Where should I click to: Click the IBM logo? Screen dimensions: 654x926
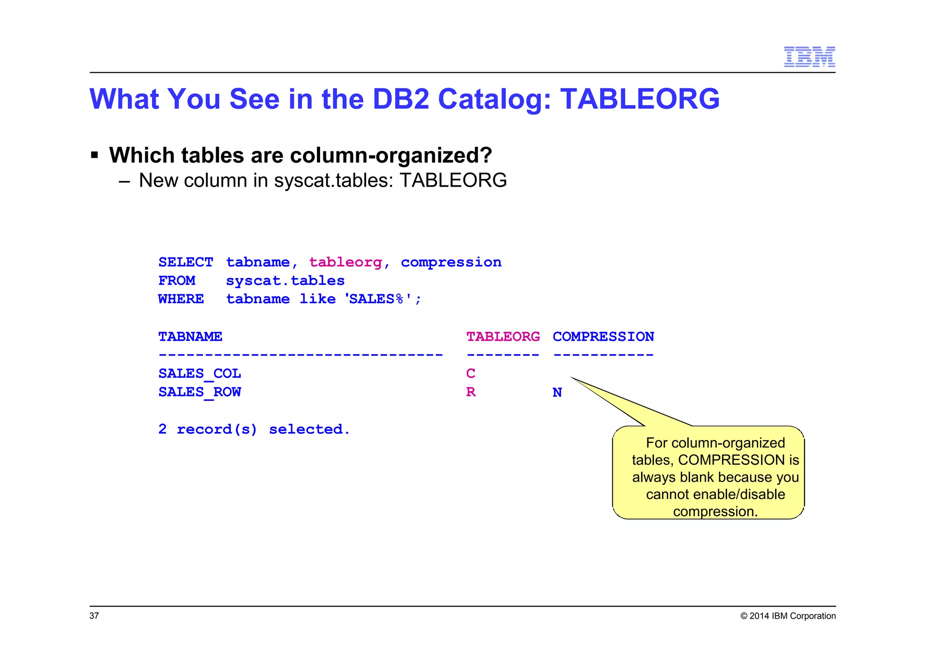point(809,56)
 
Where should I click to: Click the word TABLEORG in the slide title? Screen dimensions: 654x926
point(640,99)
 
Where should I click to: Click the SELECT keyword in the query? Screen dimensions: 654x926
point(185,262)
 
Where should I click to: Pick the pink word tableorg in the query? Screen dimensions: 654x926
point(345,262)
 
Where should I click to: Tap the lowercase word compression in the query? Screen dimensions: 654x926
point(451,262)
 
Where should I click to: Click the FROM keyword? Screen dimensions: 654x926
point(177,281)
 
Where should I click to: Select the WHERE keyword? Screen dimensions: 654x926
point(181,299)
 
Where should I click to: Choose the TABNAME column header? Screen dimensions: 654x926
point(190,337)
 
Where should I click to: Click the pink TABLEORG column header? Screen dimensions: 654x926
point(503,337)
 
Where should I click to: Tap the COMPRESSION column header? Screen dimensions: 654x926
point(603,337)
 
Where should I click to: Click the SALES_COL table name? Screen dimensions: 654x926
point(199,374)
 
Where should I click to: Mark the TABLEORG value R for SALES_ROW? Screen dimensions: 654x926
point(471,392)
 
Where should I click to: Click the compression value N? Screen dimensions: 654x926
point(557,392)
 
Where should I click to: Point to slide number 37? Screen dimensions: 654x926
point(94,616)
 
